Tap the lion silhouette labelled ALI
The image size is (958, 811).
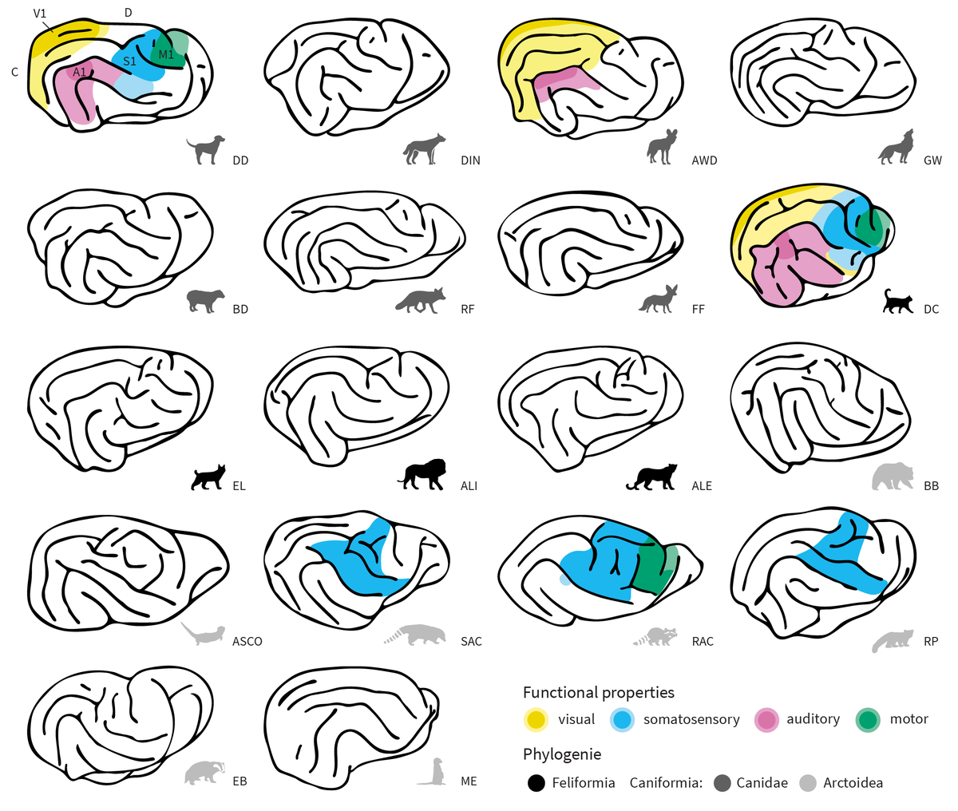point(422,474)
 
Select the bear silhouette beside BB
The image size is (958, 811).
point(893,477)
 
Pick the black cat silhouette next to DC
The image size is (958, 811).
point(897,301)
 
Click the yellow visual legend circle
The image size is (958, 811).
point(536,719)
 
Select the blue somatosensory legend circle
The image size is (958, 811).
point(622,719)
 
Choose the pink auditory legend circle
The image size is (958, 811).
point(766,719)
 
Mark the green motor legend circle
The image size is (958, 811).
point(868,719)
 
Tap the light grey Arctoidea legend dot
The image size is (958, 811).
point(808,783)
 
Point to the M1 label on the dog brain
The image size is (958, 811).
point(166,54)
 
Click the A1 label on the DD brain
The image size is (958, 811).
point(79,73)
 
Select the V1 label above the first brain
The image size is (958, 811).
point(40,14)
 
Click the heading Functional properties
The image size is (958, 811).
point(598,692)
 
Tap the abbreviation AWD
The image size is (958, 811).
point(704,160)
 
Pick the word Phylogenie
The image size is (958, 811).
point(561,754)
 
